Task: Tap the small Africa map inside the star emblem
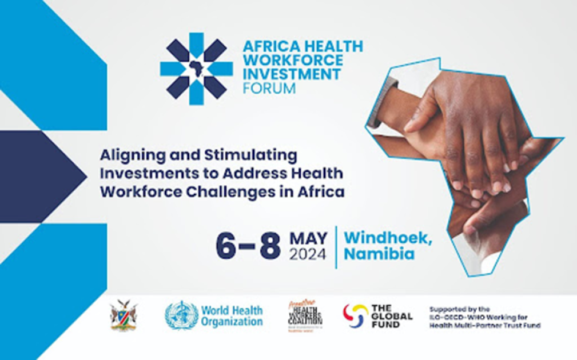click(196, 68)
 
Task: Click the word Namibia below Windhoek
click(379, 254)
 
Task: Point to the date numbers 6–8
click(248, 246)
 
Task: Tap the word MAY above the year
click(309, 237)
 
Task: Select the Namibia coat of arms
click(123, 315)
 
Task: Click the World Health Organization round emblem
click(181, 315)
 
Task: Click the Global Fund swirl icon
click(355, 315)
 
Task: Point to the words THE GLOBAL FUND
click(392, 315)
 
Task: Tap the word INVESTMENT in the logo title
click(291, 74)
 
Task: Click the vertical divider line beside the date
click(336, 246)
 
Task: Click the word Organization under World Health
click(232, 322)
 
